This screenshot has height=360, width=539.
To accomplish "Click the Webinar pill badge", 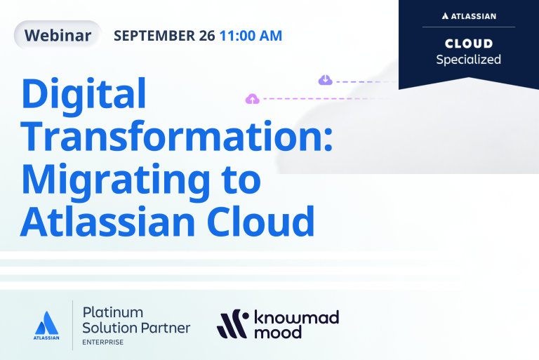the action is click(58, 35).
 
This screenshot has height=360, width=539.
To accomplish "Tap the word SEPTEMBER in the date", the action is click(154, 36).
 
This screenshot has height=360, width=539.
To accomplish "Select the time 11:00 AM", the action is click(251, 36).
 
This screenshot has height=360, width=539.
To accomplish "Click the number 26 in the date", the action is click(207, 36).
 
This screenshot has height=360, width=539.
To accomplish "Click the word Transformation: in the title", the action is click(177, 136).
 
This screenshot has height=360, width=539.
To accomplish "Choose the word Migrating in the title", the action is click(116, 182).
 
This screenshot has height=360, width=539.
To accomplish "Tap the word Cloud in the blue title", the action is click(260, 222).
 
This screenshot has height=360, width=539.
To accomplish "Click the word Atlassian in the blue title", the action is click(107, 222).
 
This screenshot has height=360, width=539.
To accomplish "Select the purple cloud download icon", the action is click(325, 80).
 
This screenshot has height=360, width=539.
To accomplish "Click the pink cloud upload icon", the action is click(253, 99).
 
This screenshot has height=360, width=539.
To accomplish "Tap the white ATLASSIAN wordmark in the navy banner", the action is click(469, 16).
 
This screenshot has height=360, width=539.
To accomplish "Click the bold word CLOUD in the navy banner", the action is click(469, 44).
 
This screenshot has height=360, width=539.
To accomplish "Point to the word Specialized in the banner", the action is click(469, 60).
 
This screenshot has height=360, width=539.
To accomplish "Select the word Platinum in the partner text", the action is click(113, 312).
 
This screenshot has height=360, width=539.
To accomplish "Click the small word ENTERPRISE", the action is click(102, 342).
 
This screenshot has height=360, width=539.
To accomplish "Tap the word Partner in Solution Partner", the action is click(166, 328).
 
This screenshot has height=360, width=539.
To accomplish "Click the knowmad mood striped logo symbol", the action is click(233, 324).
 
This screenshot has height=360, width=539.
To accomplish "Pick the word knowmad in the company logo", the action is click(296, 317).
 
